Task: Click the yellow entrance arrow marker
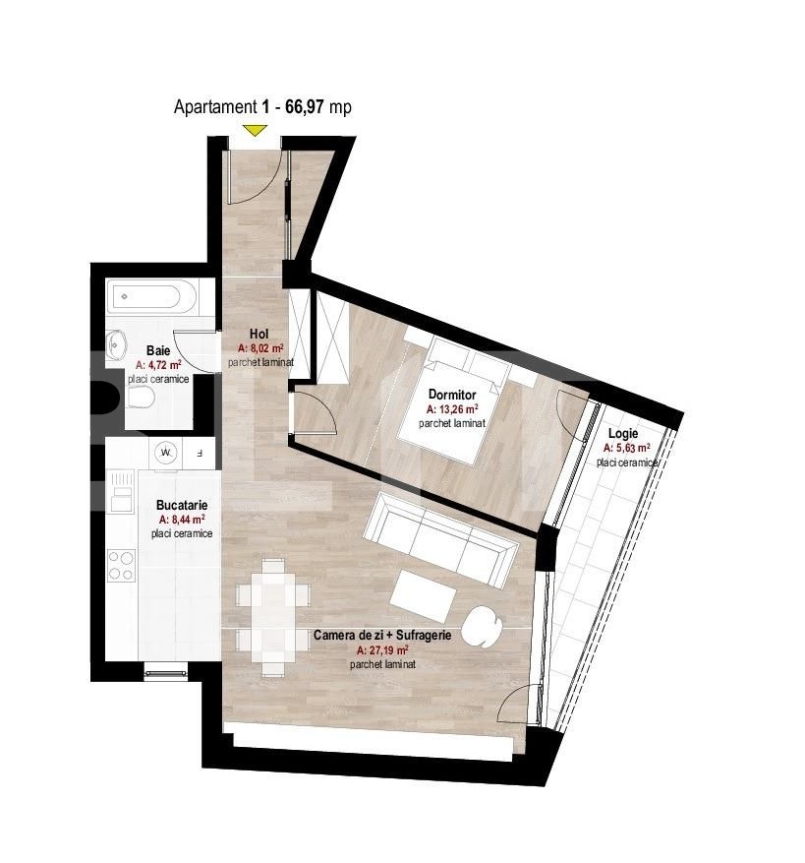[257, 129]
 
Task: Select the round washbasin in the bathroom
[118, 342]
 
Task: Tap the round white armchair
[481, 623]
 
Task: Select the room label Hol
[259, 335]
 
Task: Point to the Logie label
[623, 433]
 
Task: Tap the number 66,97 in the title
[306, 107]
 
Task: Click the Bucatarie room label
[181, 505]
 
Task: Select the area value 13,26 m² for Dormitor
[452, 408]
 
